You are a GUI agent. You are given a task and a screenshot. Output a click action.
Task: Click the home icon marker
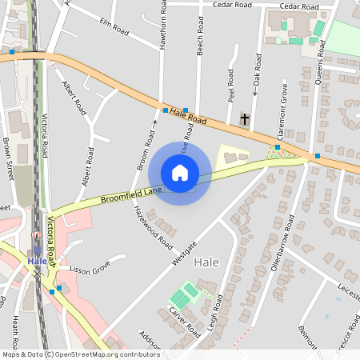(x=180, y=172)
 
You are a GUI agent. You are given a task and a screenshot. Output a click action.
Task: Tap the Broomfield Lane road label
(x=132, y=194)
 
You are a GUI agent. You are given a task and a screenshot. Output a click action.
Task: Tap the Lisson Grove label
(x=88, y=270)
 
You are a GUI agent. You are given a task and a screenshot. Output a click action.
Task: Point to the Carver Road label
(x=183, y=323)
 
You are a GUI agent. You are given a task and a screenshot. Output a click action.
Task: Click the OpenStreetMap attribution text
(x=80, y=354)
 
